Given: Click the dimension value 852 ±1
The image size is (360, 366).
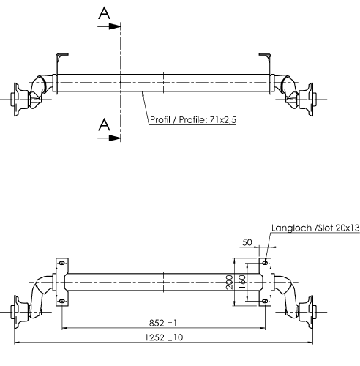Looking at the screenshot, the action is tap(163, 323).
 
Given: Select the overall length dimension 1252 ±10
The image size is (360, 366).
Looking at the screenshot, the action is tap(164, 337).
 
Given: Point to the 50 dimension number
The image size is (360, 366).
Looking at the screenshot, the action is tap(247, 242).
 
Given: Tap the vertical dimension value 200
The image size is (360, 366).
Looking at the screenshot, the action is tap(229, 282).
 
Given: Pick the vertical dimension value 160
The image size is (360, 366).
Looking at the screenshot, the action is tap(241, 282).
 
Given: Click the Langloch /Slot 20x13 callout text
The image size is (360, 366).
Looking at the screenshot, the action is tap(315, 228).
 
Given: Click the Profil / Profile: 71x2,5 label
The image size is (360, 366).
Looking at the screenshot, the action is tap(193, 120).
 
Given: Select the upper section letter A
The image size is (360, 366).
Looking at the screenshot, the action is tap(104, 13).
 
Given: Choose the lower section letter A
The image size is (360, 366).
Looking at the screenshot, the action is tap(104, 124).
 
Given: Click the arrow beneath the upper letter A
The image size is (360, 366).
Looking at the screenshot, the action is tap(109, 26).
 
